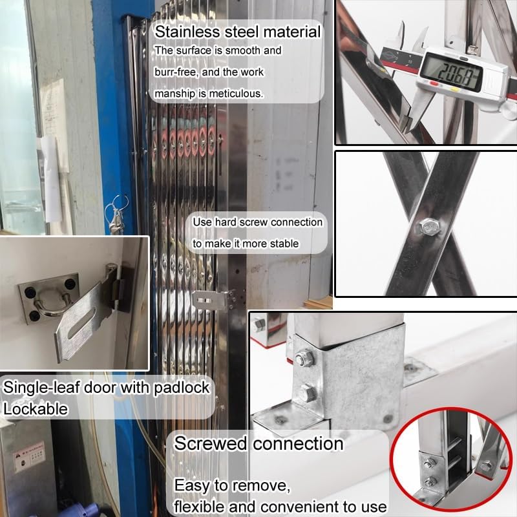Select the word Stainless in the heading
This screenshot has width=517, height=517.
[188, 32]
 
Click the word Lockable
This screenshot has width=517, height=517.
[36, 408]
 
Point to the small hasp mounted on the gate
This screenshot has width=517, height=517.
[213, 300]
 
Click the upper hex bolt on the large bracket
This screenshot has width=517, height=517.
[302, 357]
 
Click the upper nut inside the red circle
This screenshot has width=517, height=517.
[429, 461]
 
